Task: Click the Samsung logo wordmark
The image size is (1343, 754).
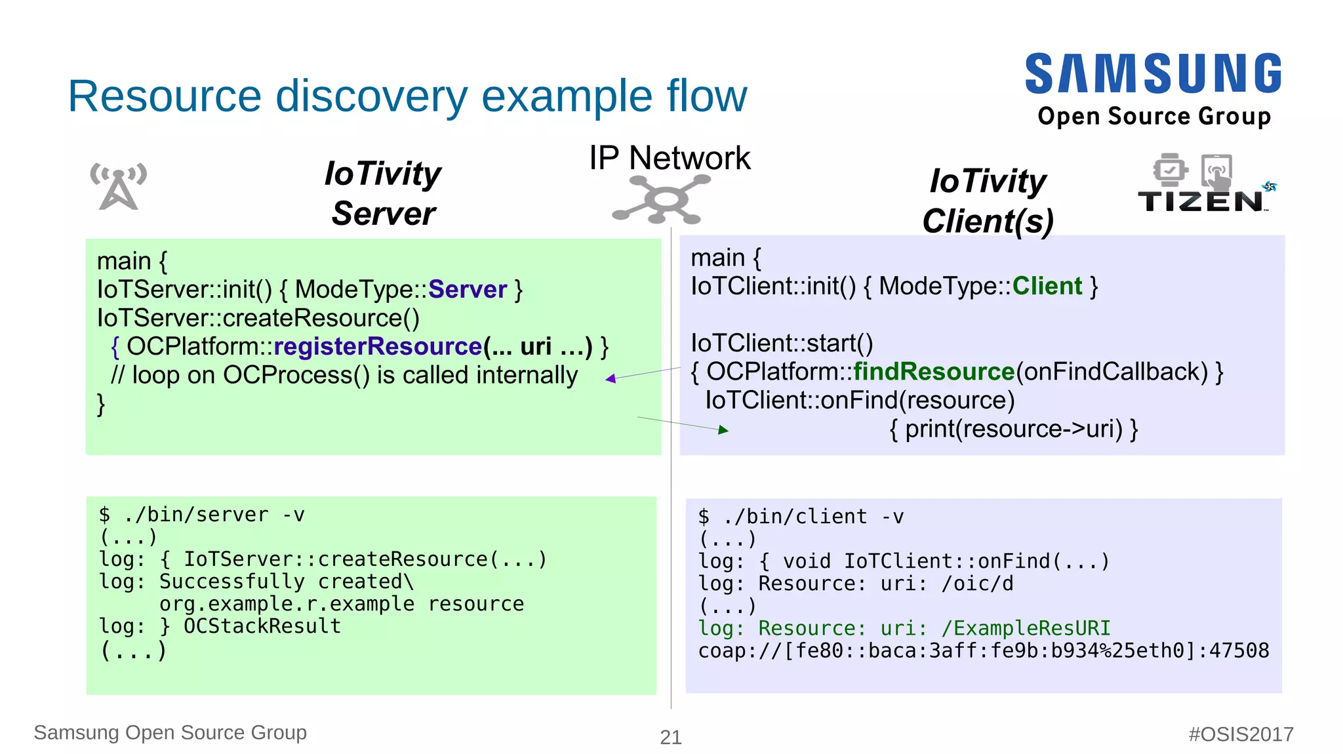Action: pyautogui.click(x=1153, y=73)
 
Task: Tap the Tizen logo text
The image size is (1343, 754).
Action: pyautogui.click(x=1200, y=202)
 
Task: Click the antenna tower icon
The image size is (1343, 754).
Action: pyautogui.click(x=118, y=186)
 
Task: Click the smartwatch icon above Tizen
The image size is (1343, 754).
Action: pyautogui.click(x=1170, y=170)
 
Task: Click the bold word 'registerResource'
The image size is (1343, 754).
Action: pyautogui.click(x=378, y=346)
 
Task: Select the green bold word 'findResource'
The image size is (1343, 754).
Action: pyautogui.click(x=934, y=372)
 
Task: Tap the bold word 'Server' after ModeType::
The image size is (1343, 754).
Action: pyautogui.click(x=468, y=289)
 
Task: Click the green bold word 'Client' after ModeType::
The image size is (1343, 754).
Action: pyautogui.click(x=1047, y=286)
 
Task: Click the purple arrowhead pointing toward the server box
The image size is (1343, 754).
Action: pyautogui.click(x=611, y=378)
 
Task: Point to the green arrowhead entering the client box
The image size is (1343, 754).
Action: pyautogui.click(x=723, y=429)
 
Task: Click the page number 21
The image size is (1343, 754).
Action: pyautogui.click(x=670, y=737)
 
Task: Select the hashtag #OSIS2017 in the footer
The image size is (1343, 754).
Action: pyautogui.click(x=1241, y=734)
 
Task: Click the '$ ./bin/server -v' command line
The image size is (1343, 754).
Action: pyautogui.click(x=202, y=515)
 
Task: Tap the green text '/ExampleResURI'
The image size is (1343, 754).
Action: pyautogui.click(x=1026, y=628)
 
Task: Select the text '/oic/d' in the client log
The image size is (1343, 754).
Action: pyautogui.click(x=977, y=584)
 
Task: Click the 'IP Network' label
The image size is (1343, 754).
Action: pyautogui.click(x=670, y=158)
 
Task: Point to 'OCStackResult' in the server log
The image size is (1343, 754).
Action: pyautogui.click(x=262, y=626)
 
